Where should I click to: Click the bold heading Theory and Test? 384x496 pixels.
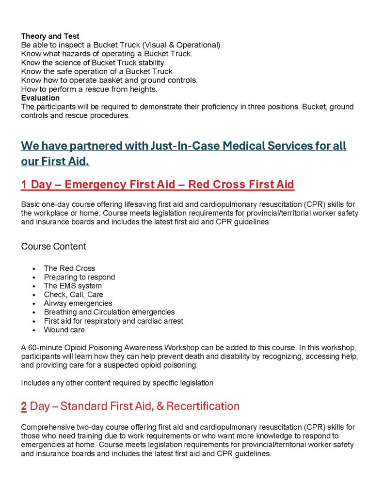coord(50,36)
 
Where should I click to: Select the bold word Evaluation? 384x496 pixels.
coord(40,98)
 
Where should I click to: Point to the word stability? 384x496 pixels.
coord(151,63)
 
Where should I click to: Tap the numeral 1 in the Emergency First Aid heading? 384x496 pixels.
coord(24,185)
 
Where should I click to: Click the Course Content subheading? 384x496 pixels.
coord(53,247)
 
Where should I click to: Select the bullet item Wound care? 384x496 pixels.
coord(64,330)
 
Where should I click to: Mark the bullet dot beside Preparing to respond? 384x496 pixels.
coord(33,278)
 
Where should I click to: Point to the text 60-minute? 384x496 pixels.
coord(44,348)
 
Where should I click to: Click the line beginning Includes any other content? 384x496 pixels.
coord(117,383)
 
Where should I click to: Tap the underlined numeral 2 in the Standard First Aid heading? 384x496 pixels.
coord(24,406)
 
